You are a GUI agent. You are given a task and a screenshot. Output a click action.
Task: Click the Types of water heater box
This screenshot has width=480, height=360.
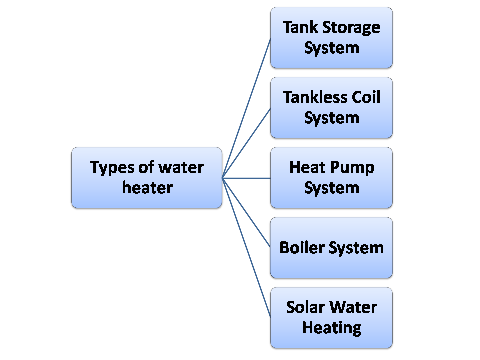coord(146,177)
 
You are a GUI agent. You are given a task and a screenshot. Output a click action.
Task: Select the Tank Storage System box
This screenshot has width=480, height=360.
coord(331,37)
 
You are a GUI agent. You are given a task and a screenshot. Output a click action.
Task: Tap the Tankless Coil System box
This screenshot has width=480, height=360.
coord(331,107)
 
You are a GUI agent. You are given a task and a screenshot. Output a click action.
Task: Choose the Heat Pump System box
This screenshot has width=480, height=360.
coord(331,177)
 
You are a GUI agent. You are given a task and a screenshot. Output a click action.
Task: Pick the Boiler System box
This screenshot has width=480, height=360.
coord(331,247)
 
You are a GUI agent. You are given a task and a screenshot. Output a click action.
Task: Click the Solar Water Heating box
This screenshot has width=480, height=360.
coord(331,317)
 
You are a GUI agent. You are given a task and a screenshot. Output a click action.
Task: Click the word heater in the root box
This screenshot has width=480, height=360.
coord(147,188)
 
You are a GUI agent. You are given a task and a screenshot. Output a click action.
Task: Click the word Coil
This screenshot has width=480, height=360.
coord(366,97)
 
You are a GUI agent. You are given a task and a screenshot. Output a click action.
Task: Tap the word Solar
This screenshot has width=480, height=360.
coord(305,307)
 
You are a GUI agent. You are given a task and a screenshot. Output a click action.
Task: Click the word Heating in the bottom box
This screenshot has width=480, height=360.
coord(331,328)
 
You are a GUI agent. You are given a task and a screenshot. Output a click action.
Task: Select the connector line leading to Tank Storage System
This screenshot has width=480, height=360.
coord(246,107)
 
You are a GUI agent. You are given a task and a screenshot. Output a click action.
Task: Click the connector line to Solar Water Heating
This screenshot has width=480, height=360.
coord(246,247)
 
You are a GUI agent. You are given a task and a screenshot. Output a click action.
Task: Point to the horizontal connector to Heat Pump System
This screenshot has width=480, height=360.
coord(246,177)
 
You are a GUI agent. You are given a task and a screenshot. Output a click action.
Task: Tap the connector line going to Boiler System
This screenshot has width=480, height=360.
coord(246,212)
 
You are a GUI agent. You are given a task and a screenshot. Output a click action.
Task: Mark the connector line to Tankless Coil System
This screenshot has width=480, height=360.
coord(246,142)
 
